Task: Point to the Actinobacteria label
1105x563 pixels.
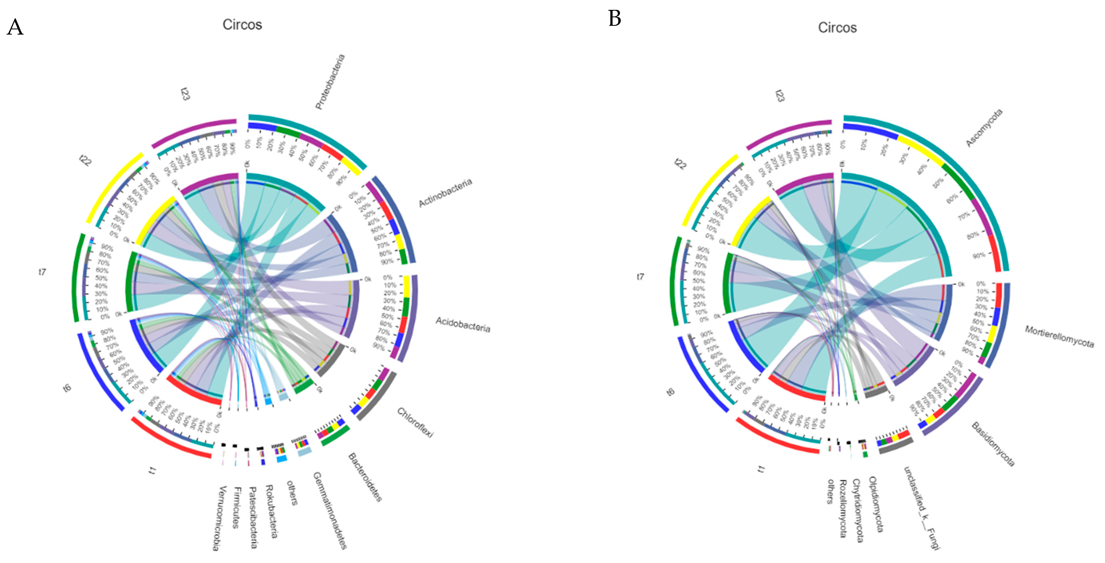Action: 445,193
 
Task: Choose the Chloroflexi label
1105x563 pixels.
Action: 415,423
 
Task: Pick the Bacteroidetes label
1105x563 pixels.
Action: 365,477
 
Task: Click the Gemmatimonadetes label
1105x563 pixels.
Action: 329,510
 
